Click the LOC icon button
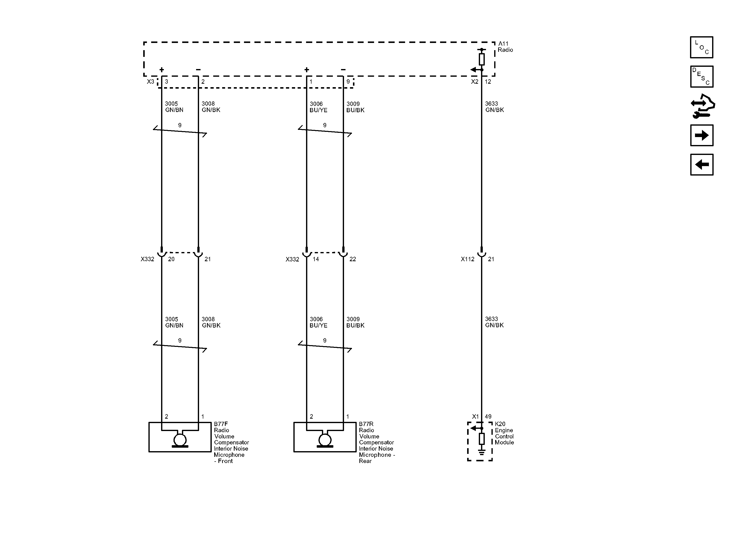[702, 47]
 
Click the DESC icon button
[702, 76]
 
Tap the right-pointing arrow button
[702, 135]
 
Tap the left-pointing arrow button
[702, 165]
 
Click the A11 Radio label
[505, 47]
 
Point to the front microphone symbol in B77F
[180, 439]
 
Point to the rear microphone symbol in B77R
[325, 439]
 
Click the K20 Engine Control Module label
[504, 433]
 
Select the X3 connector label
[150, 81]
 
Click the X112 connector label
[467, 259]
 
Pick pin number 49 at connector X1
[488, 416]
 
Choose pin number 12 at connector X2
[488, 81]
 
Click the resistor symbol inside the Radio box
[482, 59]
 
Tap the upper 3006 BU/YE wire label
[318, 107]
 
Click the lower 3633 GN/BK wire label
[494, 322]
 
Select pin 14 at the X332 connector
[316, 259]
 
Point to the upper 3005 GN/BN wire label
[174, 107]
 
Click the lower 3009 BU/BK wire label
[355, 322]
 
